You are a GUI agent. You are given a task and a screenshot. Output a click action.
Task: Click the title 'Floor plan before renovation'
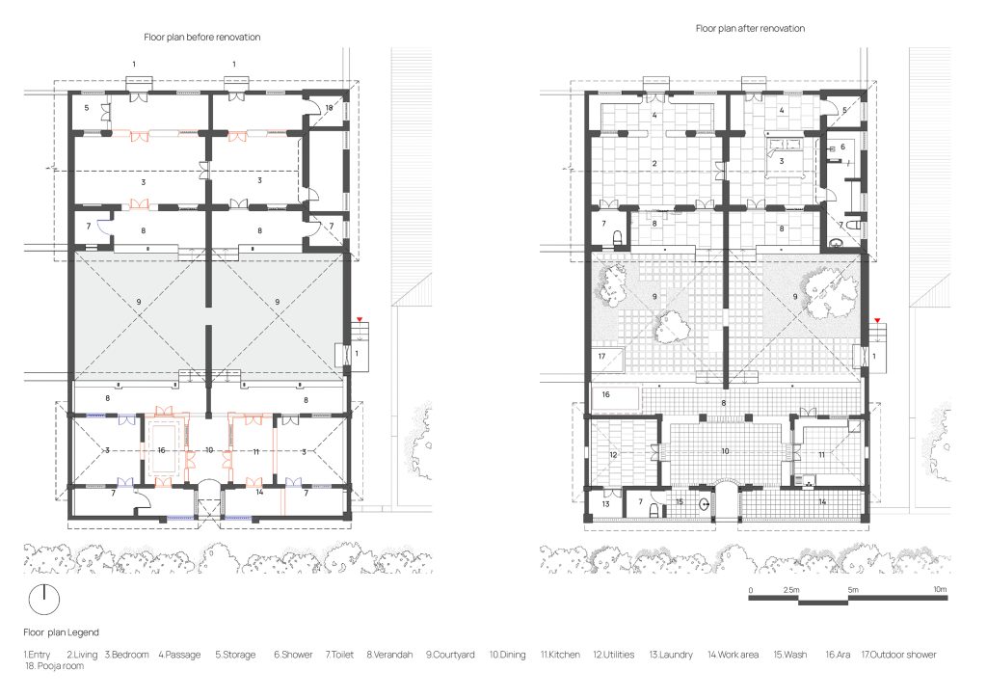(202, 38)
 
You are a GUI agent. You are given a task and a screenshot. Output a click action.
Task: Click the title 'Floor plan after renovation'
(750, 28)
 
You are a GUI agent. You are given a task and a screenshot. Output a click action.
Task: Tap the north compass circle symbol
(44, 600)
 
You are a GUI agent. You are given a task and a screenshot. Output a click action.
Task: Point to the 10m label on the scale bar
(940, 590)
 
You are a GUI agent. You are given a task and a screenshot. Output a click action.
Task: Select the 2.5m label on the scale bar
(792, 590)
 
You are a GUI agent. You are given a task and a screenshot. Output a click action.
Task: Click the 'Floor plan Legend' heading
(61, 632)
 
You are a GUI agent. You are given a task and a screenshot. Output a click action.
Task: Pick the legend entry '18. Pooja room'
(54, 666)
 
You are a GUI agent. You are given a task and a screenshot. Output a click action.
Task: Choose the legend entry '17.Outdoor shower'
(899, 655)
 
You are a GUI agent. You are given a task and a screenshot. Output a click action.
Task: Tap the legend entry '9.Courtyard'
(450, 655)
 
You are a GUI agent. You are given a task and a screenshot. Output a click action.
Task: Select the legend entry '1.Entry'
(38, 655)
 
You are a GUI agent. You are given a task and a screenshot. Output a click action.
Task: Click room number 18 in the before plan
(329, 108)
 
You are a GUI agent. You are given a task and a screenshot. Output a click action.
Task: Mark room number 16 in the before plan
(162, 450)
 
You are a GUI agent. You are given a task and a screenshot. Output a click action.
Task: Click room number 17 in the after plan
(601, 357)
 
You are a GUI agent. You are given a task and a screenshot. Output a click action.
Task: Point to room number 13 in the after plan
(605, 504)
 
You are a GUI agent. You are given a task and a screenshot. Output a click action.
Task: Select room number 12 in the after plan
(613, 454)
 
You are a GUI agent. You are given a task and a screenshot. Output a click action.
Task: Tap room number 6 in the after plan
(842, 147)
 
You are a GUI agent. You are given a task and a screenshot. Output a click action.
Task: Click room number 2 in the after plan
(654, 163)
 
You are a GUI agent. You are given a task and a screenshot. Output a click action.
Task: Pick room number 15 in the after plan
(680, 501)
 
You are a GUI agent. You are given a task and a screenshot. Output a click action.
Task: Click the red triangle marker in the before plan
(360, 320)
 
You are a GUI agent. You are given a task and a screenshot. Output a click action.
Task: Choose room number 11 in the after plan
(821, 454)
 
